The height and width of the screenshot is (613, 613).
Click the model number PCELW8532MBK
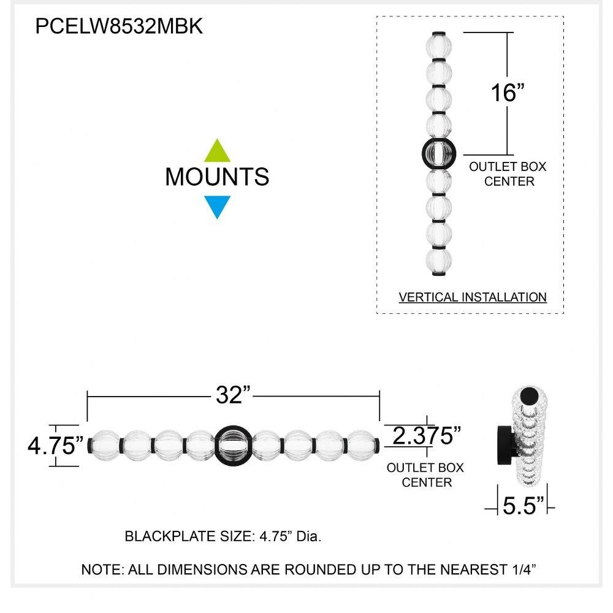(x=119, y=27)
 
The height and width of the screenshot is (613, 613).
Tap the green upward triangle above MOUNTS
(x=217, y=151)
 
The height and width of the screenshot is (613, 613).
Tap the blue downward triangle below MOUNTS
(x=217, y=205)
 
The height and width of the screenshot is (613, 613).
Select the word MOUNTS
(x=217, y=177)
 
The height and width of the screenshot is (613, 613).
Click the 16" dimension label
(x=508, y=93)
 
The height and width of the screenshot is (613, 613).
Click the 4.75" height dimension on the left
(x=56, y=446)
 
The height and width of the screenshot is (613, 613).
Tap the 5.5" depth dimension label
(x=523, y=506)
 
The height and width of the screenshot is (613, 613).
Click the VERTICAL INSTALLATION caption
(x=472, y=297)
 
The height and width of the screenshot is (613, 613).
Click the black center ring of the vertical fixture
(x=438, y=153)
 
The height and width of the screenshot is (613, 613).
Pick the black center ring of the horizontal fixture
(x=233, y=443)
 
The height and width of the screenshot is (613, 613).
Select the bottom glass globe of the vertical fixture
(x=438, y=260)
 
